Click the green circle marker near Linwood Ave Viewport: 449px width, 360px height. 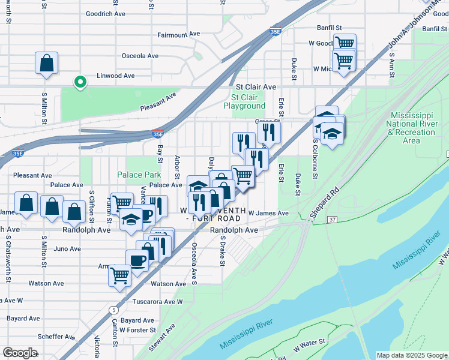79,82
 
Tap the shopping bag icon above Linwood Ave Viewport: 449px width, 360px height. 46,64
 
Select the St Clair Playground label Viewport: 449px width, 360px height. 244,101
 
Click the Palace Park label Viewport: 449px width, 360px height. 139,175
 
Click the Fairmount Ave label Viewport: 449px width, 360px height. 178,35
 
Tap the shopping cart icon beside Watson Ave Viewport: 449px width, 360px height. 119,275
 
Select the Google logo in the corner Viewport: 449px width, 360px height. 20,352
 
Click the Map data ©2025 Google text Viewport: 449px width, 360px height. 412,355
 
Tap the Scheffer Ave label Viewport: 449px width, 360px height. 55,337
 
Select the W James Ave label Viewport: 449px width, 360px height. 268,213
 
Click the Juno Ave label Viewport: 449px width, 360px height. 67,248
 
